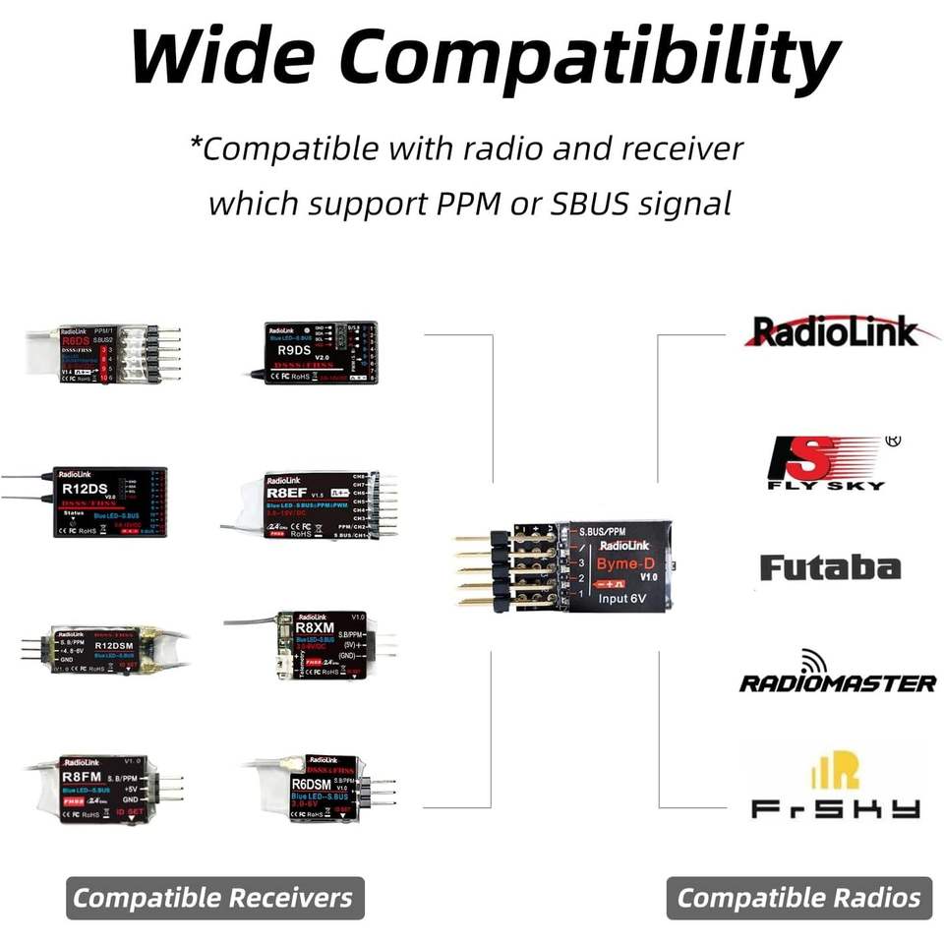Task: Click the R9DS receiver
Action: point(320,351)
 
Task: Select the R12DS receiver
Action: point(108,501)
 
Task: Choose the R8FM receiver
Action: point(108,788)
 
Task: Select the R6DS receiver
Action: point(108,354)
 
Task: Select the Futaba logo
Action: point(830,568)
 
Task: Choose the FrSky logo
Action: point(836,787)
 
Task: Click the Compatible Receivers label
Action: point(213,897)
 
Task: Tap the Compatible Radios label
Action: point(798,897)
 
